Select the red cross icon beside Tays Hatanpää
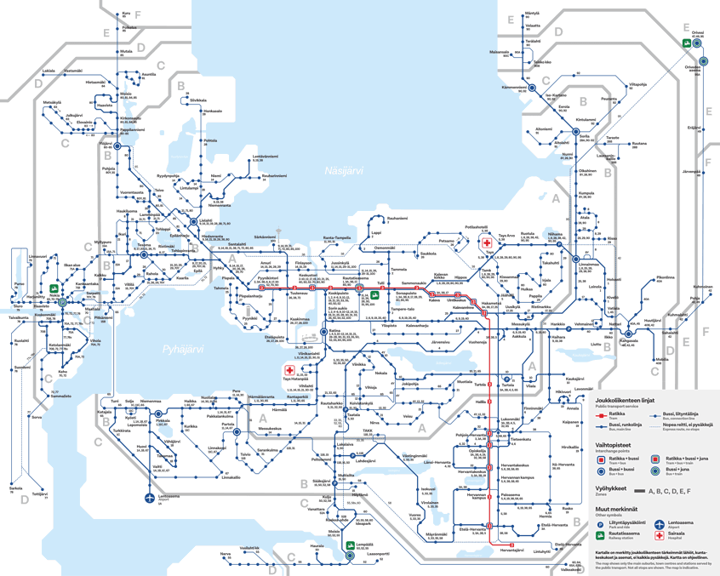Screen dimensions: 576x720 coord(290,372)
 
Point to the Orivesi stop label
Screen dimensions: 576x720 coord(697,34)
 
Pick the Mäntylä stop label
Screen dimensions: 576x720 coord(532,14)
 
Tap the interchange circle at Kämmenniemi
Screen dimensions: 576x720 coord(531,88)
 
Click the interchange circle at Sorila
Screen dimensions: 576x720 coord(574,136)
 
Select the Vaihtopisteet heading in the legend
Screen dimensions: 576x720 coord(613,444)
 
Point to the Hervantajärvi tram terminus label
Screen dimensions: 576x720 coord(512,550)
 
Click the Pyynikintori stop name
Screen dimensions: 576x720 coord(268,277)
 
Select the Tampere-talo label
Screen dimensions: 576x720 coord(401,309)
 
